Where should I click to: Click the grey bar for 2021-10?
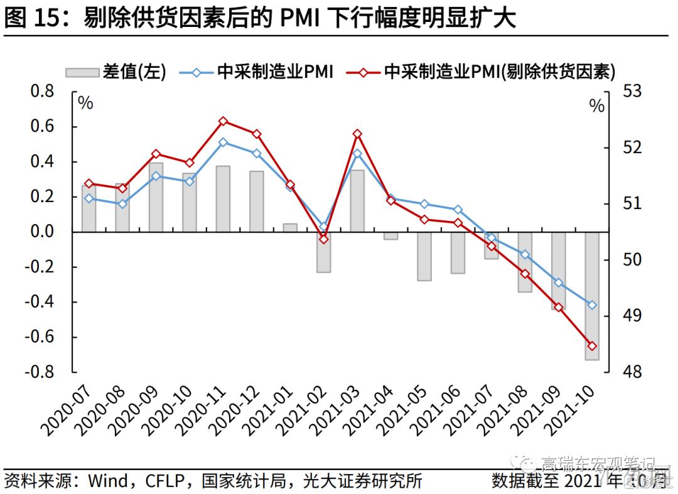pyautogui.click(x=592, y=296)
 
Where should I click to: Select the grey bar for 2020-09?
pyautogui.click(x=156, y=197)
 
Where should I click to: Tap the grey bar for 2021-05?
pyautogui.click(x=424, y=256)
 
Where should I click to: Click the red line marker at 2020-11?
pyautogui.click(x=223, y=121)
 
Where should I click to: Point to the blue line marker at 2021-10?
pyautogui.click(x=592, y=305)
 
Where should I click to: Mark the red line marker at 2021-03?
pyautogui.click(x=357, y=134)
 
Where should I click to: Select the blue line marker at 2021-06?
pyautogui.click(x=458, y=210)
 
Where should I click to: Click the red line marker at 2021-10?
pyautogui.click(x=592, y=346)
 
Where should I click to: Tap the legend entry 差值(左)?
pyautogui.click(x=116, y=72)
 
